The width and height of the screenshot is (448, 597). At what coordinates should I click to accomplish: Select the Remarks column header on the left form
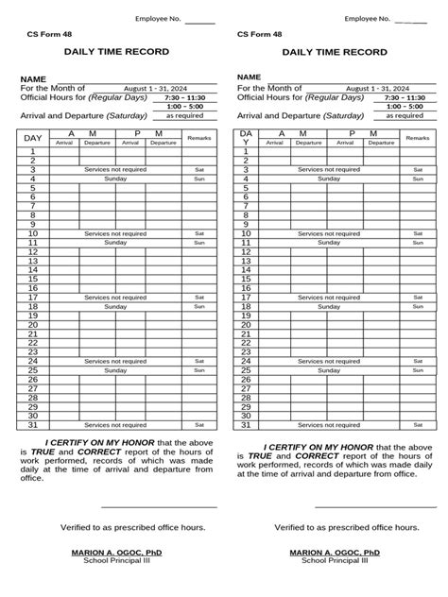[199, 138]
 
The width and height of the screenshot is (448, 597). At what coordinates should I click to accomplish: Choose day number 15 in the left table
[33, 279]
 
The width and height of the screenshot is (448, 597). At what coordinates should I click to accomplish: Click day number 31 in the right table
[247, 424]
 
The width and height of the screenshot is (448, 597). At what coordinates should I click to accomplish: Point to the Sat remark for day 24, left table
[199, 361]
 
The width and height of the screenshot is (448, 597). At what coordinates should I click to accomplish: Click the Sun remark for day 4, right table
[417, 178]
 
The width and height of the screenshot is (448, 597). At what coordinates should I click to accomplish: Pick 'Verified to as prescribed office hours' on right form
[334, 527]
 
